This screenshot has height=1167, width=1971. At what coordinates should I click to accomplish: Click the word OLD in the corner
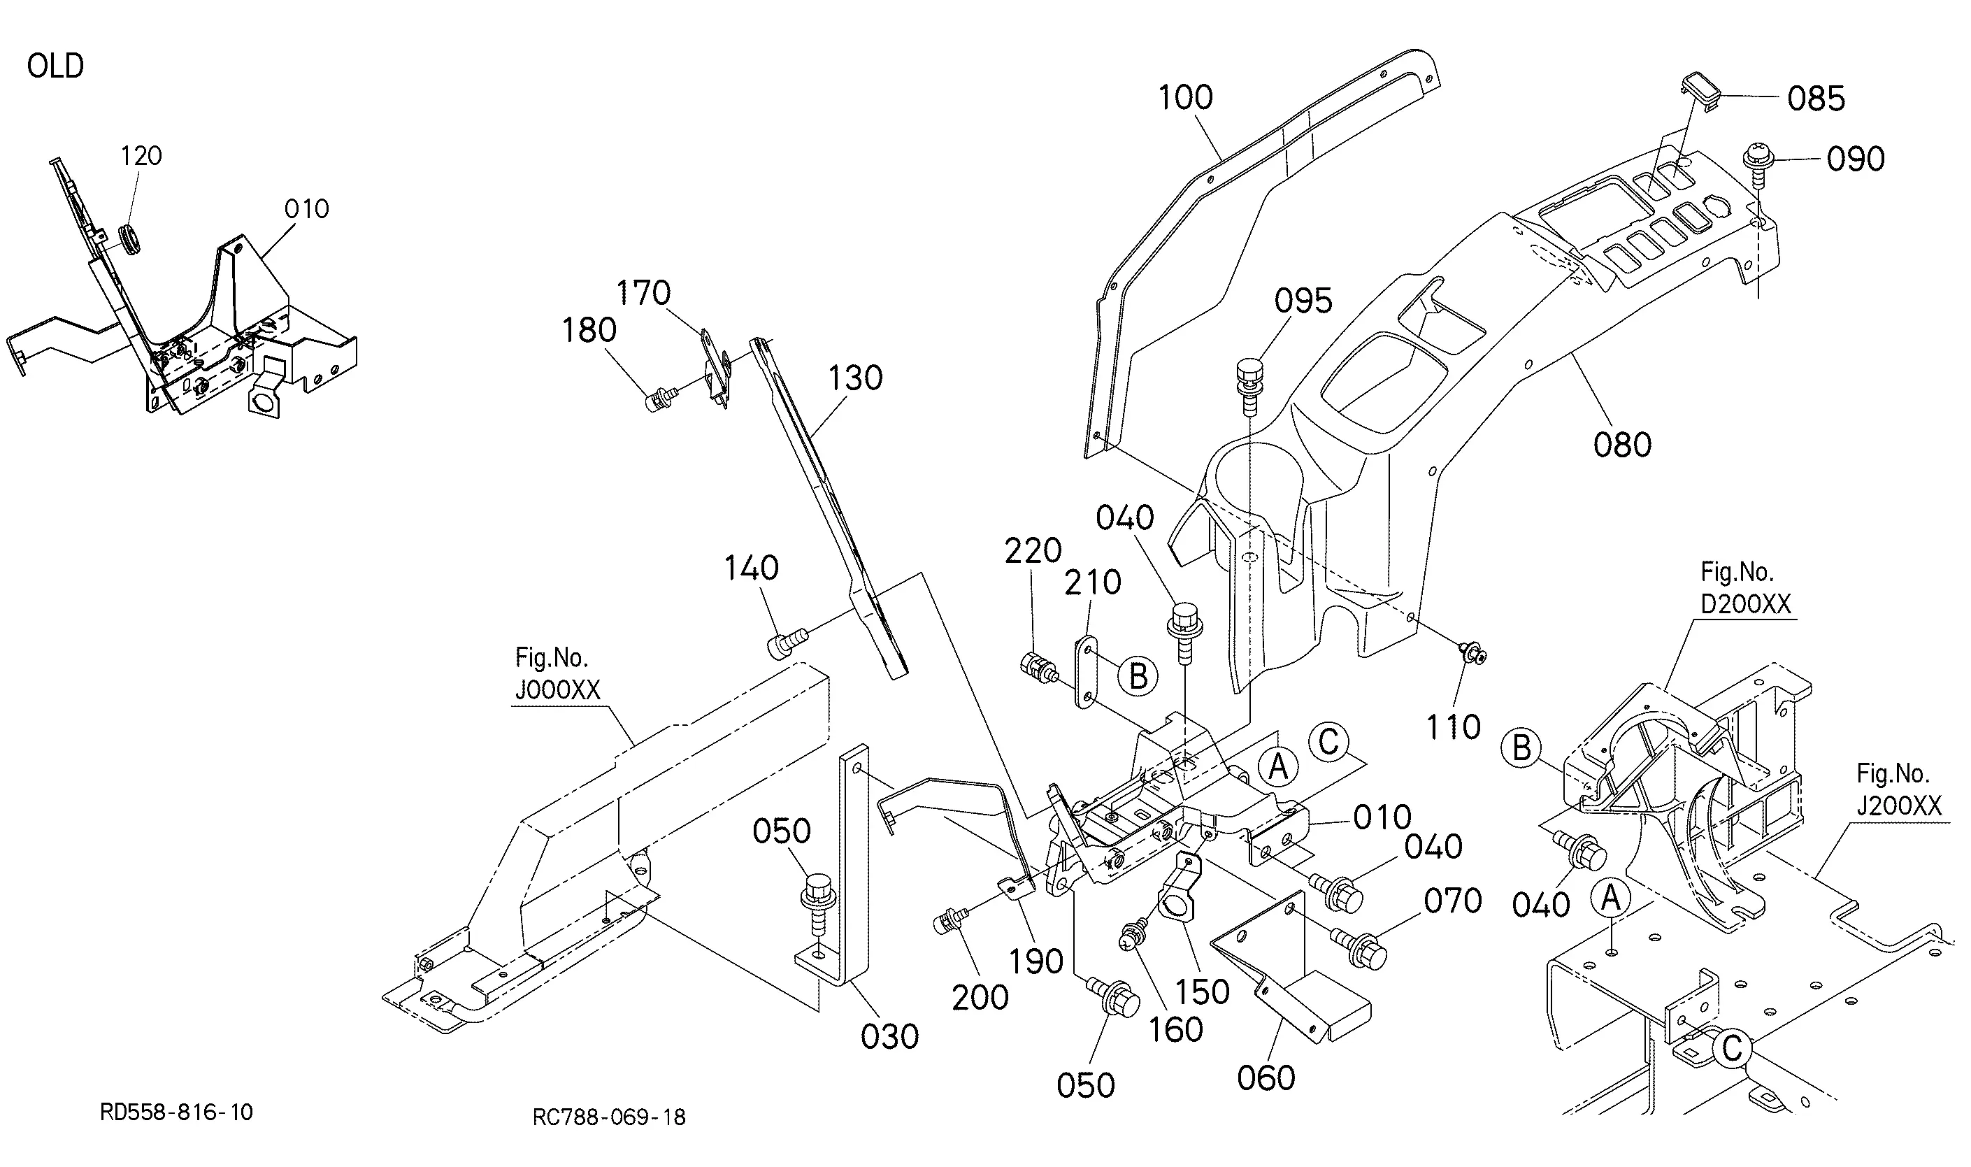pos(55,66)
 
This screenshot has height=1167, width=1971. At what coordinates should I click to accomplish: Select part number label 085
pos(1815,99)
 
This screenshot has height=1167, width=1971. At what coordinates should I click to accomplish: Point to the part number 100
pos(1186,97)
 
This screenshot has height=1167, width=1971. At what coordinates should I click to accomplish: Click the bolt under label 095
pos(1249,385)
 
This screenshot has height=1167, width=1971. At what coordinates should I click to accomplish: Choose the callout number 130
pos(855,378)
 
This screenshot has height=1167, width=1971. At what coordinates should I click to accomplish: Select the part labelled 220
pos(1038,669)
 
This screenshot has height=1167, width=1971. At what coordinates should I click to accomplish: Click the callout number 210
pos(1093,582)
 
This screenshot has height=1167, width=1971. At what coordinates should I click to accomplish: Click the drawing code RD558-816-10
pos(176,1111)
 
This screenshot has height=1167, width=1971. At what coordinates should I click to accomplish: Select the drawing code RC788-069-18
pos(608,1117)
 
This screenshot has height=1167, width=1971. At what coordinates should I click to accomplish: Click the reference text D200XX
pos(1746,604)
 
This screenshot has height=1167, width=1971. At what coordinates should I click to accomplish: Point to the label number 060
pos(1266,1078)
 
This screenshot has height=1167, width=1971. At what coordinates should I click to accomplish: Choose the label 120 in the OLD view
pos(141,157)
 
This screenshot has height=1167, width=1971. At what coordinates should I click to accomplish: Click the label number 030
pos(889,1037)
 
